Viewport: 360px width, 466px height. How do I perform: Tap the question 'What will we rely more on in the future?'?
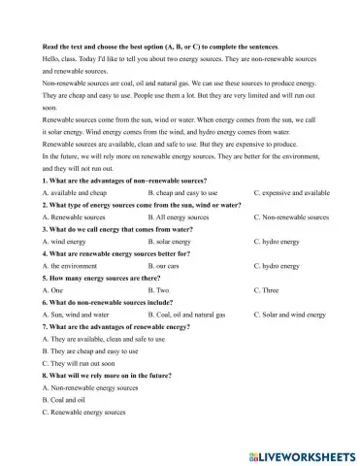click(112, 376)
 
